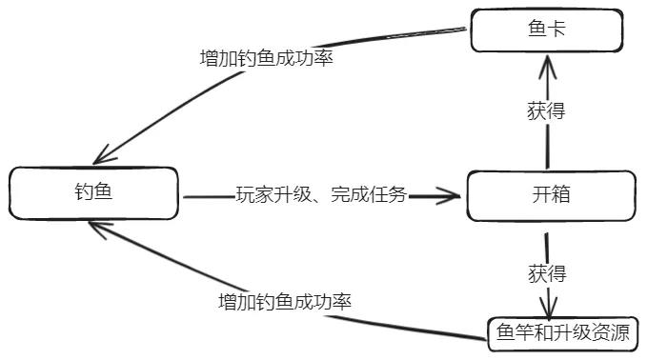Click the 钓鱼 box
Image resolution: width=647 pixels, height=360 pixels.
click(93, 193)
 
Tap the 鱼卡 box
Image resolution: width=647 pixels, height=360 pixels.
click(546, 30)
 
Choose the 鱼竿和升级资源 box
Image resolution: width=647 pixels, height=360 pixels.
click(562, 333)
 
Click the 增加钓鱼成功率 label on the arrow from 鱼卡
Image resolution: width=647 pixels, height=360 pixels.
click(266, 57)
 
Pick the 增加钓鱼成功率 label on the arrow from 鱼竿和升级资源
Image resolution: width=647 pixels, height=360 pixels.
click(285, 303)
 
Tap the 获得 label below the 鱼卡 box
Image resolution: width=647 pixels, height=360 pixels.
click(546, 110)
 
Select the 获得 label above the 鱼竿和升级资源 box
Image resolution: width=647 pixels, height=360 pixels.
click(546, 274)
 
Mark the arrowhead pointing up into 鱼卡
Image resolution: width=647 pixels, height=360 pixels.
click(547, 63)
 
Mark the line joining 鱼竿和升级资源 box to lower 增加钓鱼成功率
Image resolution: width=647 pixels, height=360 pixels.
click(419, 327)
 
